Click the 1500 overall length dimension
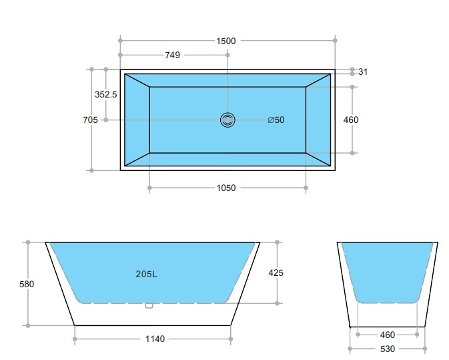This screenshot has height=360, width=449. [x=226, y=41]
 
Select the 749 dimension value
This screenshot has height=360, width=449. [x=173, y=55]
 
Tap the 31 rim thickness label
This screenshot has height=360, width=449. [x=363, y=71]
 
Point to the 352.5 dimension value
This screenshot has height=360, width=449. [x=105, y=95]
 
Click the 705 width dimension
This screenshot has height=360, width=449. [x=90, y=120]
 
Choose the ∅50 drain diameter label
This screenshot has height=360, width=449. [x=276, y=120]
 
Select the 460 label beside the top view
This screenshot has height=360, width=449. [x=350, y=120]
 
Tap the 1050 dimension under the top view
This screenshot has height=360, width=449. [x=226, y=188]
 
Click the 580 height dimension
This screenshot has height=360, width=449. [x=27, y=284]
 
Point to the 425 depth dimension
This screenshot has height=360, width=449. [x=276, y=273]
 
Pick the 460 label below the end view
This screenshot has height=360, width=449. [x=388, y=335]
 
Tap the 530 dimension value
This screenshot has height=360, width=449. [x=388, y=349]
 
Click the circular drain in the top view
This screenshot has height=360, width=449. [x=228, y=120]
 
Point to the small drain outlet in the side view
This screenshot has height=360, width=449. [x=149, y=306]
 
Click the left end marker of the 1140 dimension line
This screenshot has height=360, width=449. [x=75, y=339]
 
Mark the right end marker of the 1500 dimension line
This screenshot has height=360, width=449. [x=334, y=41]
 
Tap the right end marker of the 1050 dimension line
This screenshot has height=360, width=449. [x=306, y=188]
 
